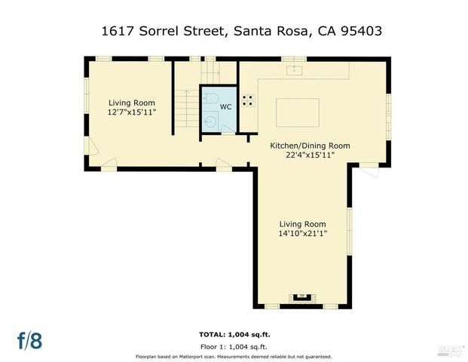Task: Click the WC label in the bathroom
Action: click(x=225, y=107)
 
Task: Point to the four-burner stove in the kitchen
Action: click(x=247, y=100)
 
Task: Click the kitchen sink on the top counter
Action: click(x=294, y=69)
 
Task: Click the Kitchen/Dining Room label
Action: click(x=310, y=146)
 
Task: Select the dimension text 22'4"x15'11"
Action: click(x=310, y=155)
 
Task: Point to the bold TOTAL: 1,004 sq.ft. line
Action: click(x=234, y=333)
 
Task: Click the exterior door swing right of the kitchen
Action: click(x=369, y=174)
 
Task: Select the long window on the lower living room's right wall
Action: click(x=349, y=226)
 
